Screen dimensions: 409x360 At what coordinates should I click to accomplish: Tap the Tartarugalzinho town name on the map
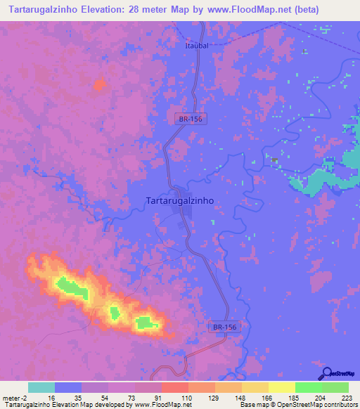pyautogui.click(x=179, y=200)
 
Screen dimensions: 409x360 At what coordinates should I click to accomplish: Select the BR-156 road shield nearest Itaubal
pyautogui.click(x=190, y=119)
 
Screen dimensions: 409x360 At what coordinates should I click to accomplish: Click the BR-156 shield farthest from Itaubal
pyautogui.click(x=225, y=327)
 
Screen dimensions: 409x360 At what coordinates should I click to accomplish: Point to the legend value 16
pyautogui.click(x=61, y=398)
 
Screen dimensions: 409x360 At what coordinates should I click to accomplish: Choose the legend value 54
pyautogui.click(x=114, y=398)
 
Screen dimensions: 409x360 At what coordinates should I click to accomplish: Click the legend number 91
pyautogui.click(x=167, y=398)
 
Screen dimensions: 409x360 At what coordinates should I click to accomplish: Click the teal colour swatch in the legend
pyautogui.click(x=41, y=387)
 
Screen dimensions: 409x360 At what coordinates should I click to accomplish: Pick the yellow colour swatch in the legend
pyautogui.click(x=281, y=387)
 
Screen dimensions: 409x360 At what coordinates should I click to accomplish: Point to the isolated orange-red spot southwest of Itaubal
pyautogui.click(x=99, y=85)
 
